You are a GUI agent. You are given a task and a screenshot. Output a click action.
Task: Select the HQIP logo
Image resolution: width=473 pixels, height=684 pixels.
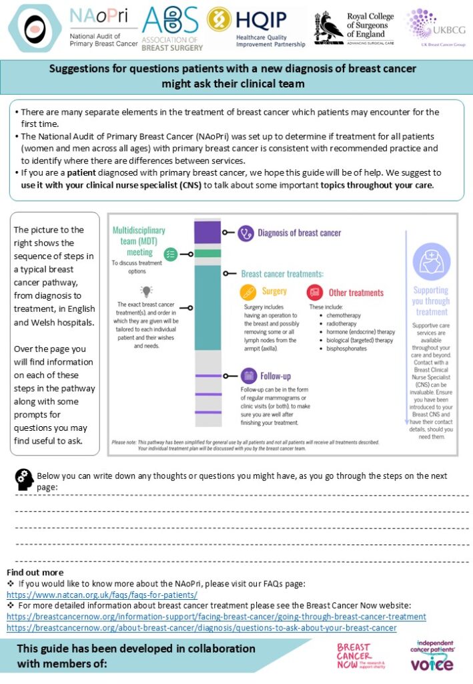click(x=256, y=27)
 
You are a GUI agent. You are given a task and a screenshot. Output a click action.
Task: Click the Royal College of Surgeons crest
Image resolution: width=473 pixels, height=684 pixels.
click(x=328, y=27)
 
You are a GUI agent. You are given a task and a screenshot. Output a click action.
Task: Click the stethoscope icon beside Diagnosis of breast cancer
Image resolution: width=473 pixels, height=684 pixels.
click(x=246, y=233)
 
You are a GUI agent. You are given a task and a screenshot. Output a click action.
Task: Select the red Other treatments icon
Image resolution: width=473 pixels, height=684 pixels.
click(x=315, y=292)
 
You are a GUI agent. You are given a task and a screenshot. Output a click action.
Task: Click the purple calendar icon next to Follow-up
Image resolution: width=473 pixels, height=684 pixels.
click(x=249, y=375)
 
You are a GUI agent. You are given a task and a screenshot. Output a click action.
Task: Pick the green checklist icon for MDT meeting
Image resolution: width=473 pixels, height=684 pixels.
click(x=171, y=253)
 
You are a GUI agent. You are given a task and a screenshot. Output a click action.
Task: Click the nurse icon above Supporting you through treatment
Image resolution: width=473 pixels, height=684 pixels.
click(x=431, y=261)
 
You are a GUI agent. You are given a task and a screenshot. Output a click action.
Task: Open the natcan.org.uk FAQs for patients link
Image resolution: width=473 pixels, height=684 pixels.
click(x=102, y=594)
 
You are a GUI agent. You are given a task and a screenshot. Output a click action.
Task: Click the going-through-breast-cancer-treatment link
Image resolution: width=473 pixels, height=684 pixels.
click(x=216, y=617)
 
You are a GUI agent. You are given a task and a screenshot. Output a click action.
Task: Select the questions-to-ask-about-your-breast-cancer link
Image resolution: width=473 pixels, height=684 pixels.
click(x=201, y=628)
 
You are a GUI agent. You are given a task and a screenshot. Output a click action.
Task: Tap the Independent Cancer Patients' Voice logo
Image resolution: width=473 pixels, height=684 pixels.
click(x=430, y=655)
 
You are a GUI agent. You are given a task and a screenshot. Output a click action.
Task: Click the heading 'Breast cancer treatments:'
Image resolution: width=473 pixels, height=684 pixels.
click(x=282, y=273)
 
